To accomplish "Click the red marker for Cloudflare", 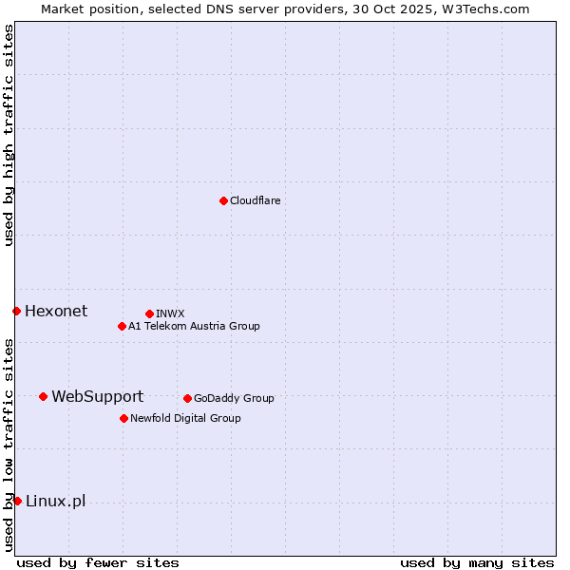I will pos(223,200).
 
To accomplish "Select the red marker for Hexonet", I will pos(16,311).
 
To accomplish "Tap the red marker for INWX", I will pos(149,313).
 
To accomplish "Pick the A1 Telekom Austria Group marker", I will pos(122,326).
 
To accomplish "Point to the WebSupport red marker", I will pos(43,396).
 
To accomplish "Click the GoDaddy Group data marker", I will pos(187,398).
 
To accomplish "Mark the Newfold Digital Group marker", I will pos(123,418).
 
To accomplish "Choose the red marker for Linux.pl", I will pos(17,501).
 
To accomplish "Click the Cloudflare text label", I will pos(255,200).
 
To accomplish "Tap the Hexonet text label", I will pos(56,311).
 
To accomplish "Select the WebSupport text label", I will pos(97,396).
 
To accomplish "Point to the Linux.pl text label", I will pos(55,501).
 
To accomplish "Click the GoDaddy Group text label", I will pos(234,398).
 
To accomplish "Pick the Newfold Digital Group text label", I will pos(185,418).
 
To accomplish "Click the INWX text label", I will pos(170,313).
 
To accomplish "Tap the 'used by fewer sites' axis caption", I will pos(98,562).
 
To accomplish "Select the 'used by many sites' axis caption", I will pos(477,562).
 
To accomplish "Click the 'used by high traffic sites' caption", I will pos(9,135).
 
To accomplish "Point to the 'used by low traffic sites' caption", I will pos(9,445).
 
